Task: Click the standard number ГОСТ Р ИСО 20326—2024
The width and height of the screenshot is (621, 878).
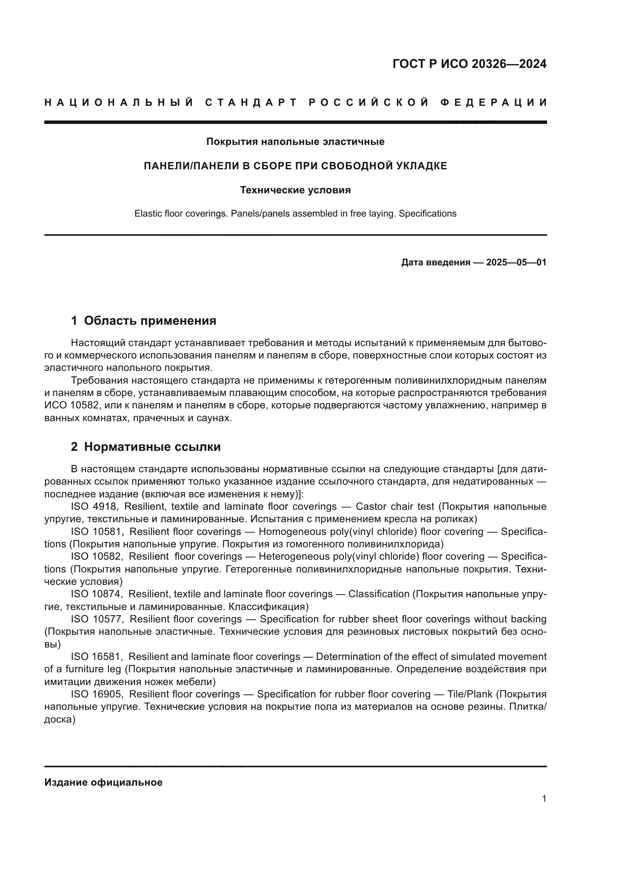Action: [469, 64]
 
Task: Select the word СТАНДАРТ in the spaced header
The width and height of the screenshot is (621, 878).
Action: [251, 102]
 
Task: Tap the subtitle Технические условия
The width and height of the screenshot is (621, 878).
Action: [295, 190]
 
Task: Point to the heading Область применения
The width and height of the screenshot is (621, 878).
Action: [150, 321]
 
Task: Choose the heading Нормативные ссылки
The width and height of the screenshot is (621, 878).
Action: [152, 447]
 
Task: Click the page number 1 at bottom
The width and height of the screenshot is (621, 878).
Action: [544, 798]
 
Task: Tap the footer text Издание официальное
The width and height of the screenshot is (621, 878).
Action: [103, 782]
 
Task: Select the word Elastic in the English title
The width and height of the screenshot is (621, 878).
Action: [148, 214]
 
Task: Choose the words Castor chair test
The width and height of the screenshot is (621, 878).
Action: [395, 507]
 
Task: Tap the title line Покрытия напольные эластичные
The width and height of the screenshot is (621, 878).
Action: [295, 142]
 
